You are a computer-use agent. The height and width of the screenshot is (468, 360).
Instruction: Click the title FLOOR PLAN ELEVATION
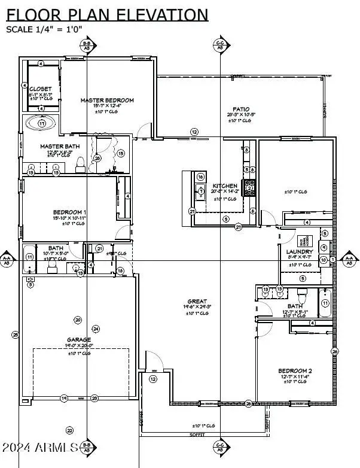(108, 15)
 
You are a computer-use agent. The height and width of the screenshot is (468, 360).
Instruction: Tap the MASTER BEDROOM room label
(107, 100)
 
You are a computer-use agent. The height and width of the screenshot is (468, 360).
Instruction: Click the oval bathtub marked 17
(41, 123)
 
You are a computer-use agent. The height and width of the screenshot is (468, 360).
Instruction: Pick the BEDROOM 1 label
(70, 212)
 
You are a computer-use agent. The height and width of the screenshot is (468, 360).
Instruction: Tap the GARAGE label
(78, 339)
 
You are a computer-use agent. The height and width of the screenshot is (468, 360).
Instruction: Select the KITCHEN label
(225, 186)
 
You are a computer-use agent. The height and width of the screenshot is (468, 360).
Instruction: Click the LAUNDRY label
(299, 252)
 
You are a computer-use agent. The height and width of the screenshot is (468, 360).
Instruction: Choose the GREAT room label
(197, 301)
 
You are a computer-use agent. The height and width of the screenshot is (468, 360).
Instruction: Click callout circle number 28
(97, 158)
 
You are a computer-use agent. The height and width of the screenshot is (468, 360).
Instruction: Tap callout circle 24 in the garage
(96, 329)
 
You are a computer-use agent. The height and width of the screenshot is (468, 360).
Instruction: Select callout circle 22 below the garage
(69, 430)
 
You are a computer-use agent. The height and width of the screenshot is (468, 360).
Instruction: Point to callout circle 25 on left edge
(15, 335)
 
